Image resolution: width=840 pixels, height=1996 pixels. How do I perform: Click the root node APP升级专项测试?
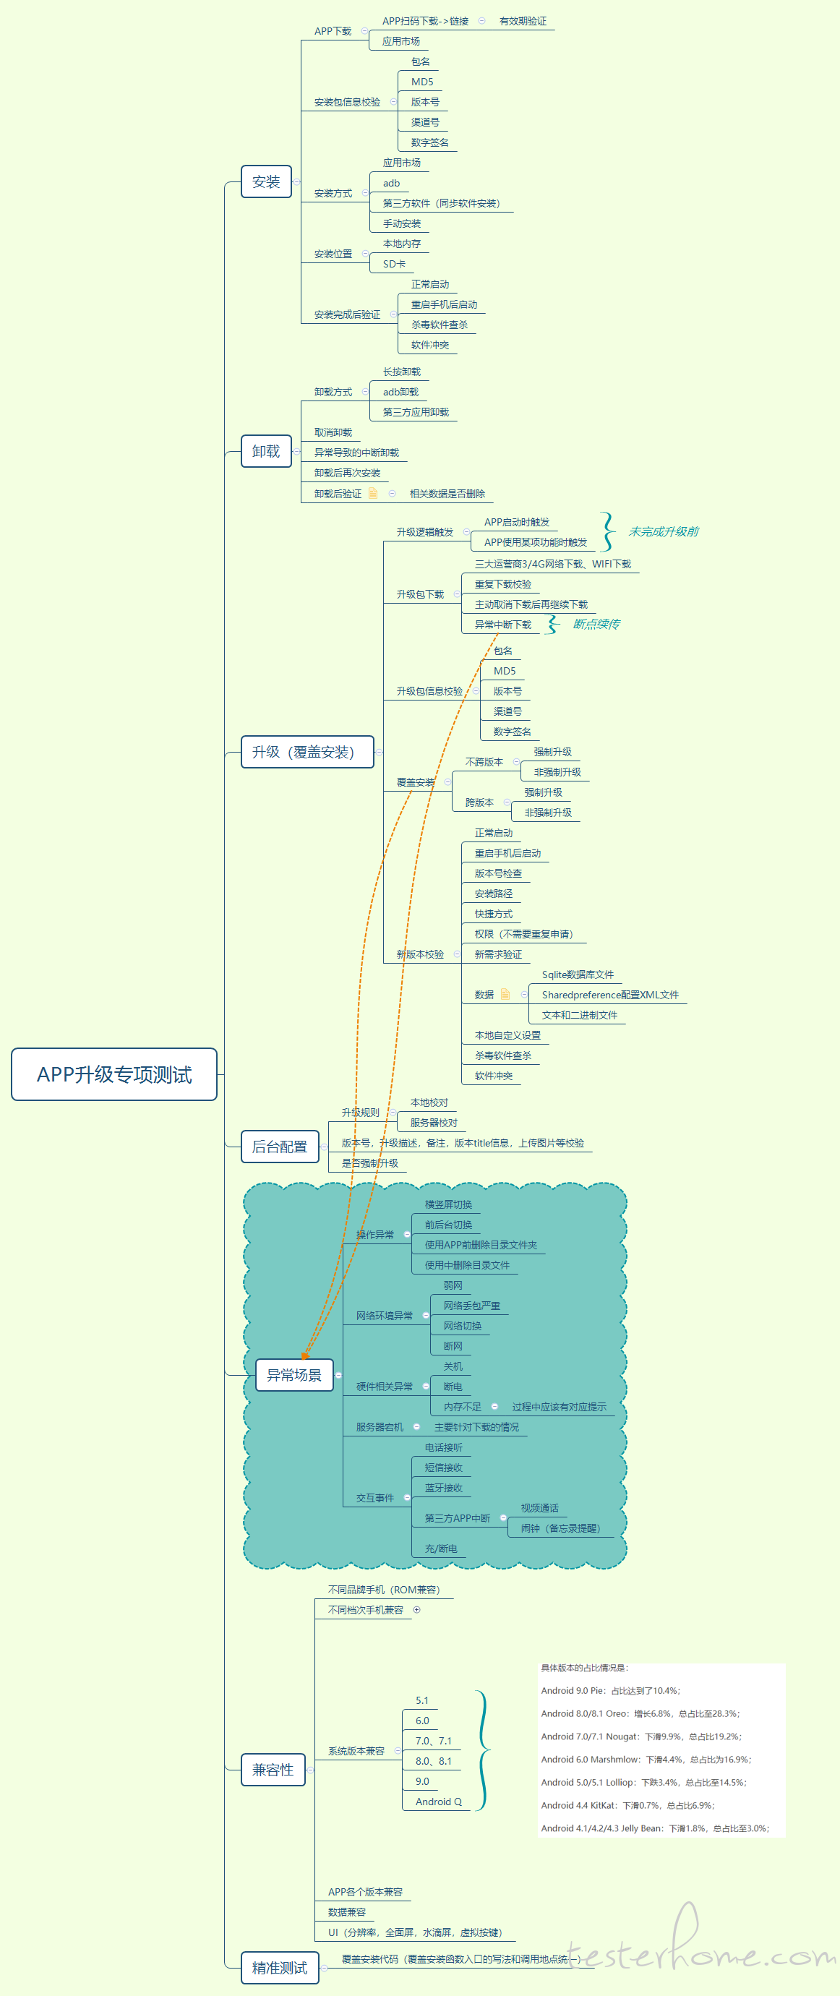[x=114, y=1074]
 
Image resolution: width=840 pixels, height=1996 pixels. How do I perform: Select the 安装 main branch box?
[x=266, y=182]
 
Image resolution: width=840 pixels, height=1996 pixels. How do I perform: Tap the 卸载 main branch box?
[x=266, y=451]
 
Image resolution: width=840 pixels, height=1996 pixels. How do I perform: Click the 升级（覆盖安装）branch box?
[x=307, y=752]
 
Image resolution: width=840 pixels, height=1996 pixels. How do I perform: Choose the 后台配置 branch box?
[x=280, y=1146]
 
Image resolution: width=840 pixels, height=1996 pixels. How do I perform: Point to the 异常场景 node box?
[x=293, y=1374]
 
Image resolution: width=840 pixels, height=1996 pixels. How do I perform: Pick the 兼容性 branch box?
[x=273, y=1769]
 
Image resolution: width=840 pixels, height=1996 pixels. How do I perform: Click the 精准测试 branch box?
[x=280, y=1966]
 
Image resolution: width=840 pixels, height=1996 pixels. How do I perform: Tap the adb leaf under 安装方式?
[x=391, y=184]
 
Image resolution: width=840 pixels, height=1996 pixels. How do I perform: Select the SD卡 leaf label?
[x=394, y=264]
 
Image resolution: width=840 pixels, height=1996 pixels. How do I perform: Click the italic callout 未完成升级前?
[x=664, y=531]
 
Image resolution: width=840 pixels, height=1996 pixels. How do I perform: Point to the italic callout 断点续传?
[x=596, y=624]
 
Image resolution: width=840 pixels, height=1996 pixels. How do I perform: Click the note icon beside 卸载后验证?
[x=373, y=494]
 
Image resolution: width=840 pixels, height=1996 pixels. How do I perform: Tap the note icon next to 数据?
[x=505, y=994]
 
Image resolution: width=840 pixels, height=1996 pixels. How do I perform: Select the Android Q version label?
[x=438, y=1802]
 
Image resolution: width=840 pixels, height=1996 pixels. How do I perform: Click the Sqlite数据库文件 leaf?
[x=578, y=975]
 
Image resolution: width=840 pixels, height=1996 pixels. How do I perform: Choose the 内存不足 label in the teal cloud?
[x=462, y=1406]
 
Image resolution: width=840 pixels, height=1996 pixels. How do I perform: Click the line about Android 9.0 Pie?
[x=611, y=1690]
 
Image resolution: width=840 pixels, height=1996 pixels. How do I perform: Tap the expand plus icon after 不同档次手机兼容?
[x=417, y=1609]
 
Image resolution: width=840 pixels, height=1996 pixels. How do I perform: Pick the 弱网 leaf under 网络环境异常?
[x=453, y=1285]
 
